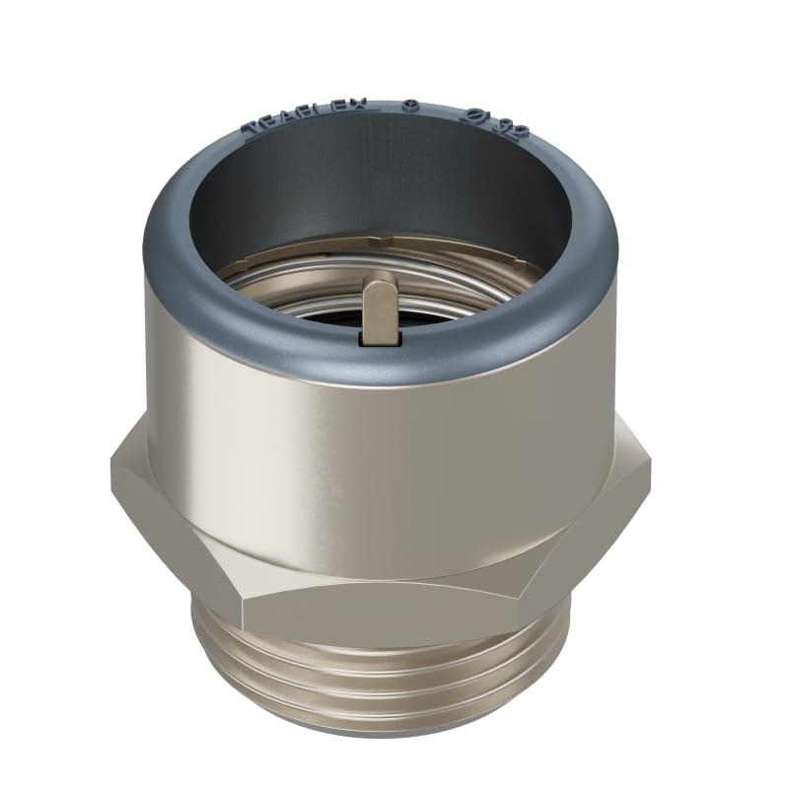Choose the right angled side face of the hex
coord(592,533)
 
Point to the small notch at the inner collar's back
coord(372,240)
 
